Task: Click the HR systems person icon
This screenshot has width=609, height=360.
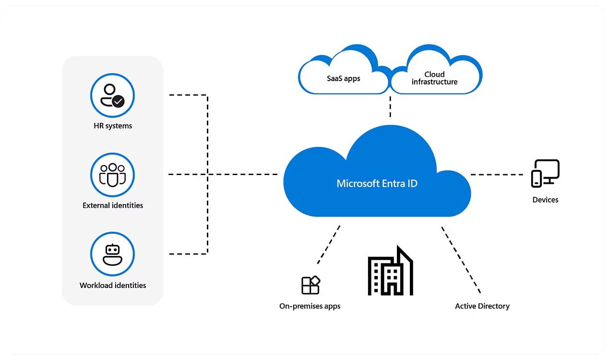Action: [112, 95]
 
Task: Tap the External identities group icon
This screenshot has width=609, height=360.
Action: [112, 175]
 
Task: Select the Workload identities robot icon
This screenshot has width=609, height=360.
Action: [112, 254]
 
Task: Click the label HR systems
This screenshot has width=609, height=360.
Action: [113, 126]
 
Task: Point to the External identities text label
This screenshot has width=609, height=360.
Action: [113, 205]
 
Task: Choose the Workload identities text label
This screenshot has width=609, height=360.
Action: [113, 285]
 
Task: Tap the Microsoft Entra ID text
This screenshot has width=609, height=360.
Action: [377, 183]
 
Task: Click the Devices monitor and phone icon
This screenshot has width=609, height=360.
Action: [545, 174]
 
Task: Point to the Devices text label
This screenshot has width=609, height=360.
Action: [545, 200]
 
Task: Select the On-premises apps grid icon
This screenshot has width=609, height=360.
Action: [310, 285]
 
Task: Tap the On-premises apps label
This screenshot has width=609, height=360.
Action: [310, 306]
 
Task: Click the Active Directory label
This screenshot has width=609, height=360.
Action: [482, 306]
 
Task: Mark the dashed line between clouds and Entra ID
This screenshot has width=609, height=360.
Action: [390, 107]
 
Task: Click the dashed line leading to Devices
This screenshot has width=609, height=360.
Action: [497, 175]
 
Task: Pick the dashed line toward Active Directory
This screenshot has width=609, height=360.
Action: [461, 259]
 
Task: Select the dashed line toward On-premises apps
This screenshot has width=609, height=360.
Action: [329, 245]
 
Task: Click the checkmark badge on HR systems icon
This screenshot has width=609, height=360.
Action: [118, 101]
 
